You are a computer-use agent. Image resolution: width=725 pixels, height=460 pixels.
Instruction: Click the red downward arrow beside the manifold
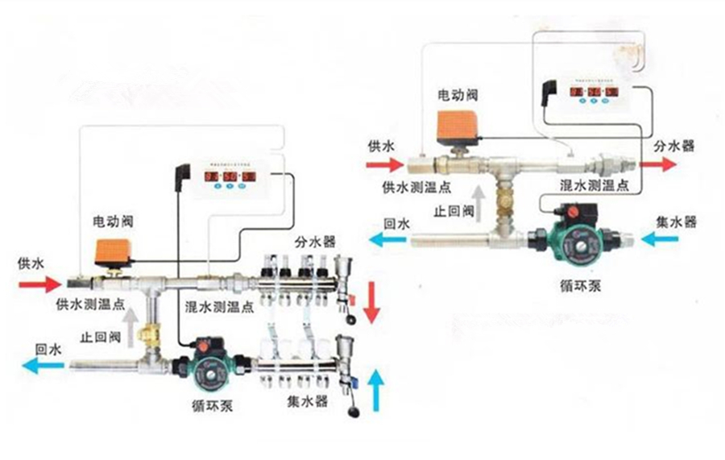(x=371, y=301)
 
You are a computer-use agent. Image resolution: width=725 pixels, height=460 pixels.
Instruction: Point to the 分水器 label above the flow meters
(x=313, y=242)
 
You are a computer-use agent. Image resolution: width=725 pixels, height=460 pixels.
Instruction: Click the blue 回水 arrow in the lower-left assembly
(x=43, y=367)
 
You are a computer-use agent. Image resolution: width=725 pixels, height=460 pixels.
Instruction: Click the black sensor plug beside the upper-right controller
(x=552, y=90)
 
